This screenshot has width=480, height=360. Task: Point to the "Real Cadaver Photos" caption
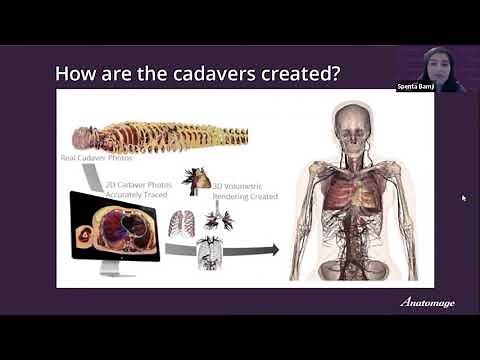tap(98, 158)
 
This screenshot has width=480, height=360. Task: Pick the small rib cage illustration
tap(181, 222)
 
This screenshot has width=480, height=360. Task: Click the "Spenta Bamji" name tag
tap(415, 86)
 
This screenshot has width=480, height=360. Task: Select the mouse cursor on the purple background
tap(463, 197)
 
